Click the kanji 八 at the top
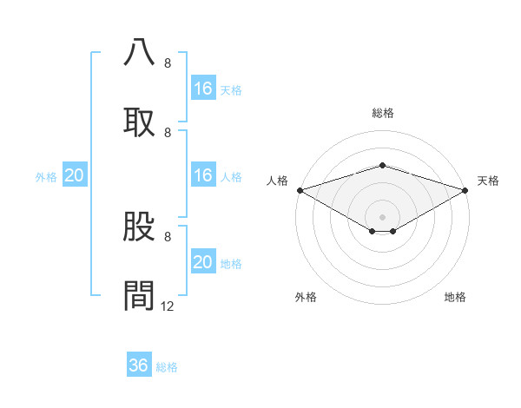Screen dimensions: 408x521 tap(139, 52)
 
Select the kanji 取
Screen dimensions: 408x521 tap(139, 122)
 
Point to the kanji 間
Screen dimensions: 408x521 tap(139, 295)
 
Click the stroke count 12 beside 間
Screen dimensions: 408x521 tap(168, 306)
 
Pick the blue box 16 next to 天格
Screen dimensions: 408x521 tap(203, 89)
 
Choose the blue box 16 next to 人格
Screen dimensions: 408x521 tap(203, 175)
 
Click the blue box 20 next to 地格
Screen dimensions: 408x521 tap(203, 262)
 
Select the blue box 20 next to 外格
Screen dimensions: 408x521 tap(75, 175)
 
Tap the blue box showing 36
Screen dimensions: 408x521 tap(139, 365)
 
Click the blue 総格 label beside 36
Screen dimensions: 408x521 tap(167, 367)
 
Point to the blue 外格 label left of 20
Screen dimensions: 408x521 tap(46, 177)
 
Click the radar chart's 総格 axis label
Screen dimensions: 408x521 tap(382, 113)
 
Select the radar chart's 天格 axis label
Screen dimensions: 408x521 tap(488, 181)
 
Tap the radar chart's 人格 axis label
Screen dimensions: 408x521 tap(277, 181)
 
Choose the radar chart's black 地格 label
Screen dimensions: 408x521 tap(455, 297)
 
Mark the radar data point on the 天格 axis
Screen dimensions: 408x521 tap(465, 189)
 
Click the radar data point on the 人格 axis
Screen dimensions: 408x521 tap(299, 189)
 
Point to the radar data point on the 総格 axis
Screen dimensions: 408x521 tap(382, 165)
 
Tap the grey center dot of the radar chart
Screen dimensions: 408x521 tap(382, 216)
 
